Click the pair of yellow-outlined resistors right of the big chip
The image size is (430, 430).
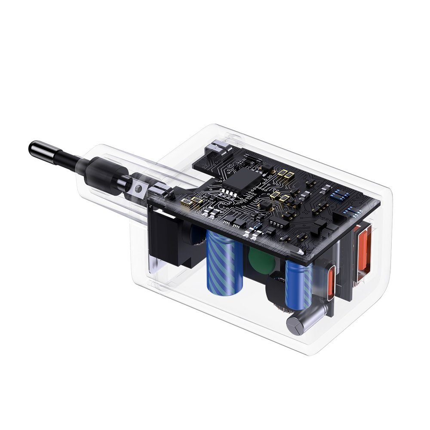283,174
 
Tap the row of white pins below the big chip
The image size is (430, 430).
230,192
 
